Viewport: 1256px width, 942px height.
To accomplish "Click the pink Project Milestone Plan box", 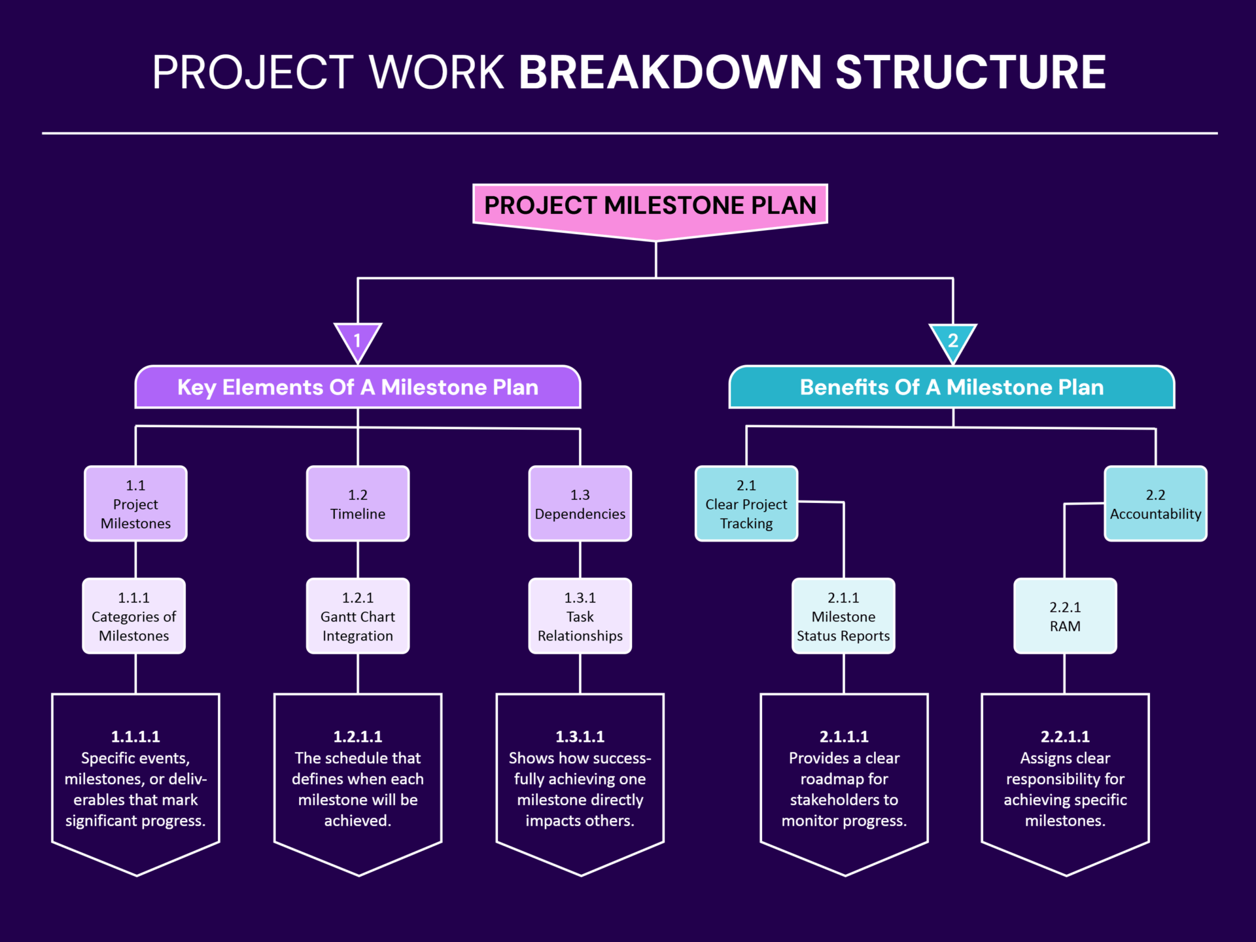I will click(x=650, y=206).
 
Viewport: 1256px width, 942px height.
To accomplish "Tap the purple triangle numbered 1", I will click(x=358, y=340).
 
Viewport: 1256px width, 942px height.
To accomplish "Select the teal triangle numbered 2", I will click(x=953, y=340).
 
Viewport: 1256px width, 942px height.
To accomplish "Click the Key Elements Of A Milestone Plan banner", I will click(x=358, y=387).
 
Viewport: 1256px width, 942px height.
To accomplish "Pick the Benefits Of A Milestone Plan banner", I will click(x=952, y=387).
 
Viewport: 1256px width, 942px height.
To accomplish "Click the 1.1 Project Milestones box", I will click(x=135, y=504).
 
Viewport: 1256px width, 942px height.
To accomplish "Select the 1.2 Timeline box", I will click(x=358, y=504).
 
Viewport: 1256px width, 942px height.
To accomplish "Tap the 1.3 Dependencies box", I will click(x=580, y=504).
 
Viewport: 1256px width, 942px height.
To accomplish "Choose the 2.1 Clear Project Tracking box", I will click(x=746, y=504).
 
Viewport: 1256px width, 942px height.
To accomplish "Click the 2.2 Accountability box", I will click(x=1155, y=504).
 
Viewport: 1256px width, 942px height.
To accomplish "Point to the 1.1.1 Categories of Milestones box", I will click(x=134, y=616).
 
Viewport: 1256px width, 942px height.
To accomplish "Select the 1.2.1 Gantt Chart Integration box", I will click(x=358, y=616).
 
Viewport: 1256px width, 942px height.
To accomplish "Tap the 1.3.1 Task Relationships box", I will click(x=580, y=616).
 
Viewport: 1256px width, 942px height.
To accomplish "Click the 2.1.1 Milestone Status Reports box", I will click(x=843, y=616).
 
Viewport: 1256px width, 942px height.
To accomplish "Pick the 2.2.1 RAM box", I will click(x=1065, y=616).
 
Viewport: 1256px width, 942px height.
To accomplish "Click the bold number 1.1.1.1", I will click(x=135, y=737).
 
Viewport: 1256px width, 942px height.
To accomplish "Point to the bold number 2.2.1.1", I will click(x=1065, y=737).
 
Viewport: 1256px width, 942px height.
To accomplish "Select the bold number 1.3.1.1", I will click(x=580, y=737).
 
